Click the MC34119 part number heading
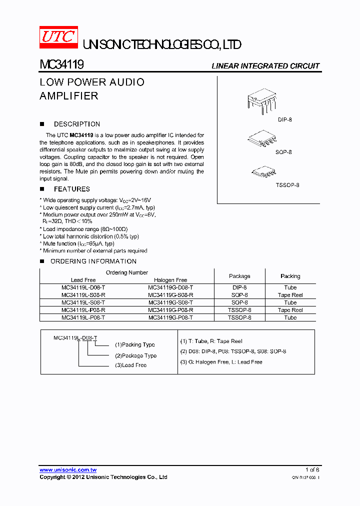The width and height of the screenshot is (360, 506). [61, 65]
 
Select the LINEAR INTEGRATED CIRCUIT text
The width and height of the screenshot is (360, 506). [265, 66]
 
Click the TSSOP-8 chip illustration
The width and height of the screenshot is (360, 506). [263, 172]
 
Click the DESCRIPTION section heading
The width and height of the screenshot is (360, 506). [76, 124]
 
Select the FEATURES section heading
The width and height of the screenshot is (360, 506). [71, 189]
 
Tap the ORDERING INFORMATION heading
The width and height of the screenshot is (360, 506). [93, 261]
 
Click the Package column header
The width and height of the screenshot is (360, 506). [239, 276]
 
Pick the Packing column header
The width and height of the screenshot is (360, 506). [290, 276]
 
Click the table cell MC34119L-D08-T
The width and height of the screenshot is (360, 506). [83, 287]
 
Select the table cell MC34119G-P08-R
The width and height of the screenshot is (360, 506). [170, 310]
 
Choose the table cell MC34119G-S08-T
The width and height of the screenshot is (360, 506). [170, 302]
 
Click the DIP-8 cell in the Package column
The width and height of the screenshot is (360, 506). [239, 287]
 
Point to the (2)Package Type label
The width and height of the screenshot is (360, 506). [135, 355]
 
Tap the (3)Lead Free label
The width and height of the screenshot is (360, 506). [130, 365]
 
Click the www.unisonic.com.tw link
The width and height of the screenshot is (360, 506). [68, 470]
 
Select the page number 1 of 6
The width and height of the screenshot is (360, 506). [312, 469]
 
